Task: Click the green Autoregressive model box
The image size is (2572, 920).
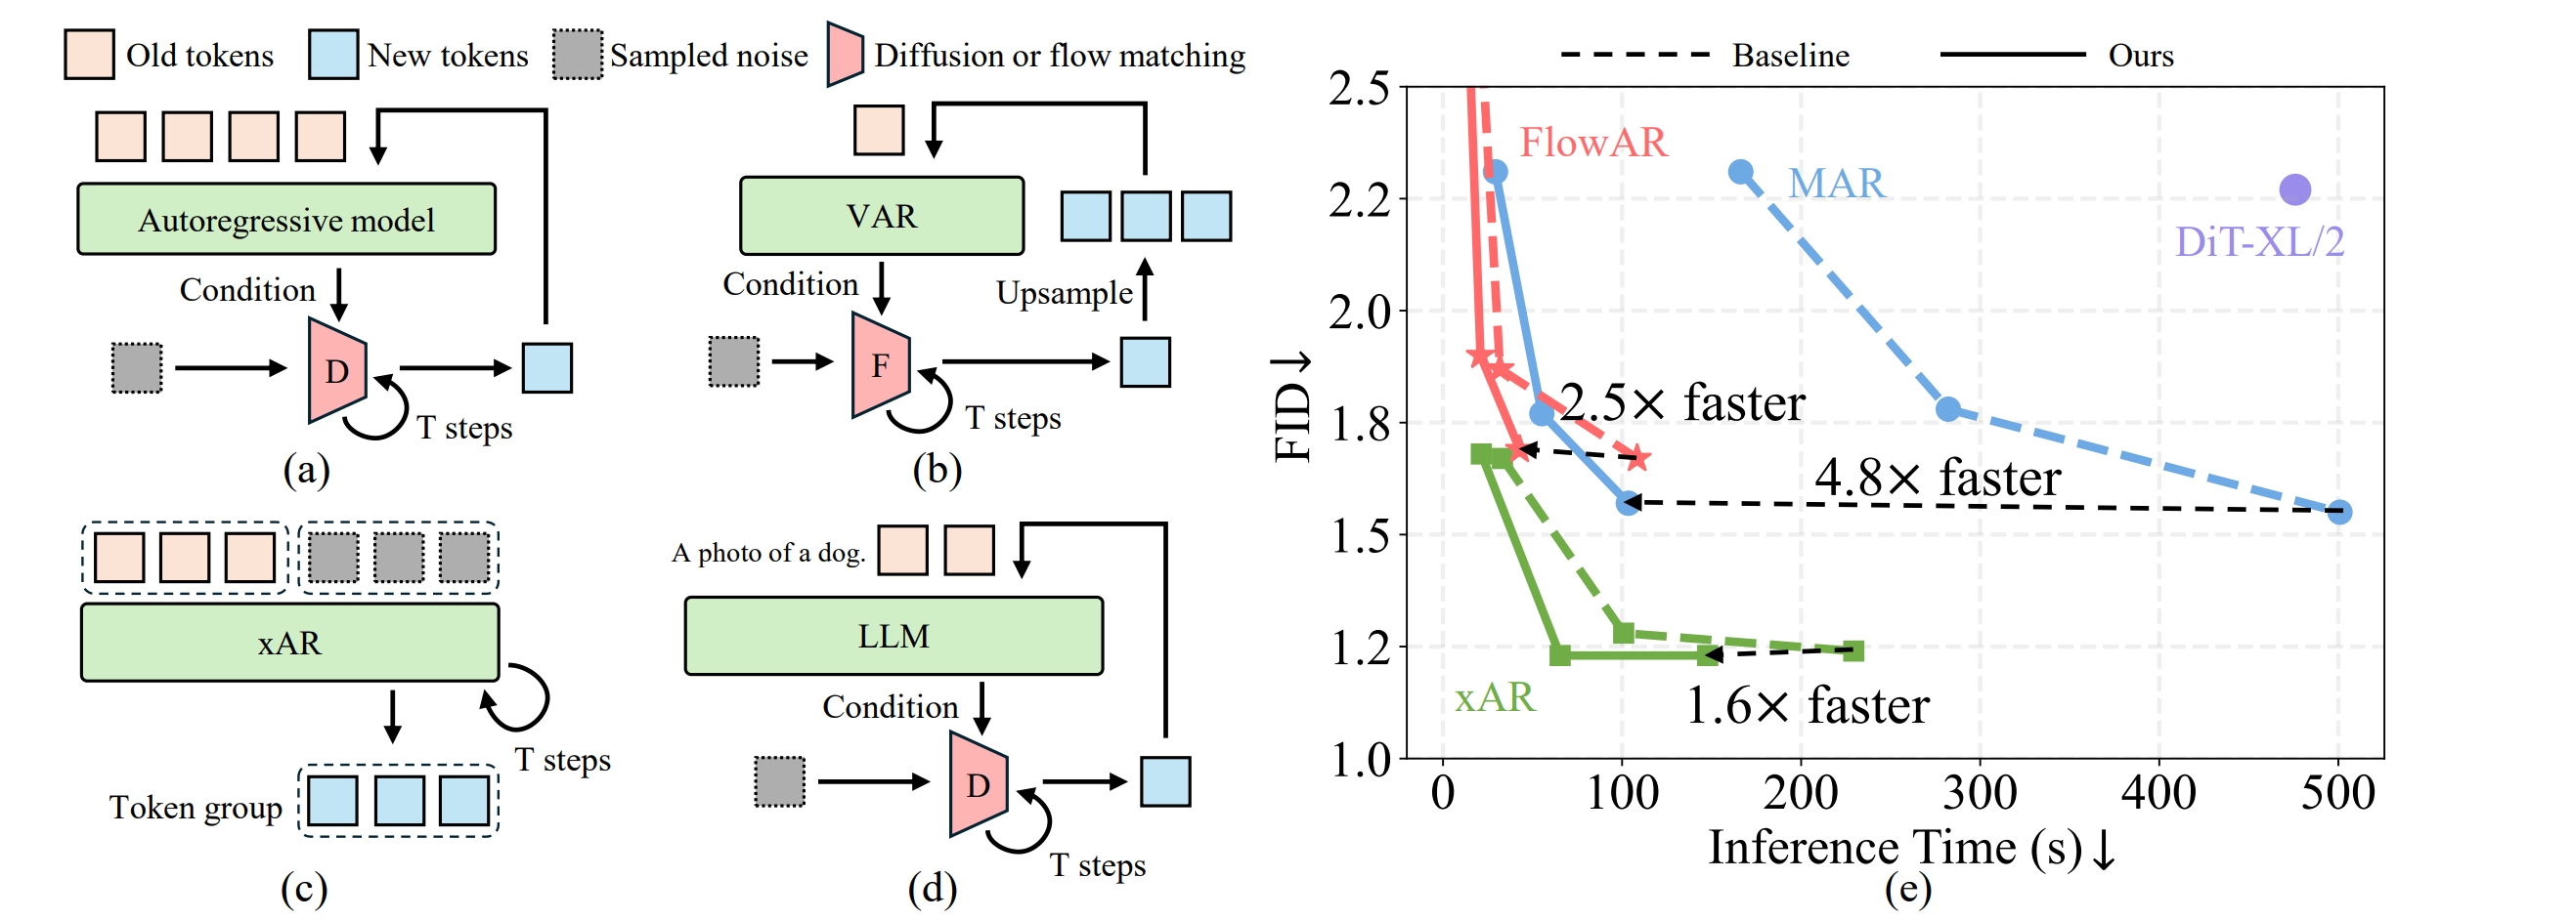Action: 285,220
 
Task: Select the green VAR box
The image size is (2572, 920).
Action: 881,217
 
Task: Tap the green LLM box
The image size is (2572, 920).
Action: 893,637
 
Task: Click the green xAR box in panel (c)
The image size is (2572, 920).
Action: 289,644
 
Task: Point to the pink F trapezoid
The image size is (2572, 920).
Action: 880,365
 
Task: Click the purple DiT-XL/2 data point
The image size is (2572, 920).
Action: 2294,189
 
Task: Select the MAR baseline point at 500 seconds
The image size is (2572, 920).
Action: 2339,512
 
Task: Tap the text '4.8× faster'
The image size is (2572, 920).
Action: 1936,478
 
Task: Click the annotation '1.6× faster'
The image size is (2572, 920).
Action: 1807,706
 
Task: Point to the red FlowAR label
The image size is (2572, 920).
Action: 1592,143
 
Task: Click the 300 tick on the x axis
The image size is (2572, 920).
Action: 1979,794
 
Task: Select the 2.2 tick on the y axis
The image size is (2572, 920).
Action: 1359,200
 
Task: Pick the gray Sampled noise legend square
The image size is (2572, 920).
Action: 577,54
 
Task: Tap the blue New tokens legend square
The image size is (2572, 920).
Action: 332,54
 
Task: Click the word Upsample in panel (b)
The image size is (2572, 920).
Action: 1064,293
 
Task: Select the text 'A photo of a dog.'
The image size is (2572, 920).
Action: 767,553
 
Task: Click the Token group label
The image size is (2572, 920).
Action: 196,808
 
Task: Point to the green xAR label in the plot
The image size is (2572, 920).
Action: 1494,697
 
